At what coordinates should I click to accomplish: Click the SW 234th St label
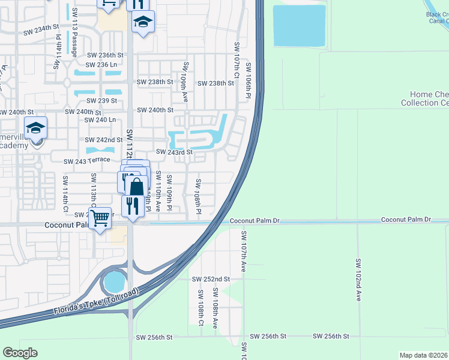41,28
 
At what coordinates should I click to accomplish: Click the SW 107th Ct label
237,63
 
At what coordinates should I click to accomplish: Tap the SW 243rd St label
173,152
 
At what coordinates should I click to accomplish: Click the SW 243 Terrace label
88,160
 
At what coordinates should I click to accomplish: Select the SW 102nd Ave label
358,279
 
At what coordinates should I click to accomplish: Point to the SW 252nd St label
211,279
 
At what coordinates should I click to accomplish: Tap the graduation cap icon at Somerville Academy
36,128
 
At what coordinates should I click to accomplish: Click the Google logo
20,353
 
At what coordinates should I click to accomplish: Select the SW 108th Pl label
197,196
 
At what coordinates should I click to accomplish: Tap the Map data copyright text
424,355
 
